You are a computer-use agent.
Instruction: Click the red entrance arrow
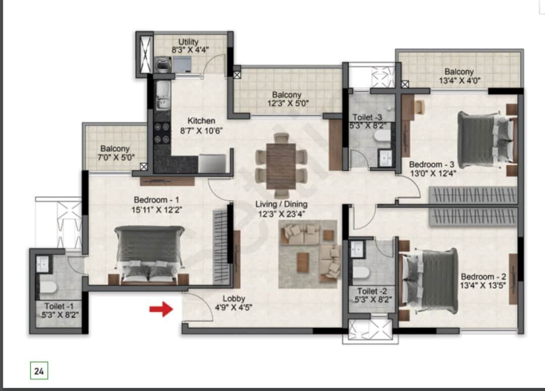[161, 309]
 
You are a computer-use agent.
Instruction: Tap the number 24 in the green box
[39, 371]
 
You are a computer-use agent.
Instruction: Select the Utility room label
[188, 42]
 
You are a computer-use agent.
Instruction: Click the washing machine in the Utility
[162, 65]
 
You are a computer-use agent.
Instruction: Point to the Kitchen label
[201, 121]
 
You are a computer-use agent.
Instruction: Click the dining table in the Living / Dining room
[281, 166]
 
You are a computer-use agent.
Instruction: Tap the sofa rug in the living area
[308, 254]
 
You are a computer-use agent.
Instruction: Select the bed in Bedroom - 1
[149, 254]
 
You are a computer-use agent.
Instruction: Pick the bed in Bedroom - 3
[485, 139]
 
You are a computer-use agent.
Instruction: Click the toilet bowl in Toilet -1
[48, 288]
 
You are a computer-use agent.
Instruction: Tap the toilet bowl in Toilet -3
[381, 136]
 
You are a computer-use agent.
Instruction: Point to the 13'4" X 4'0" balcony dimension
[460, 81]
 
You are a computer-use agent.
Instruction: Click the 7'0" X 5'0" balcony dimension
[116, 157]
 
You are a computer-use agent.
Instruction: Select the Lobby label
[234, 299]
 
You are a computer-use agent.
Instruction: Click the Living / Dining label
[281, 204]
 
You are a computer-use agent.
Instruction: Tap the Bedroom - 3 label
[431, 164]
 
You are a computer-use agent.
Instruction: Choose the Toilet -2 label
[372, 291]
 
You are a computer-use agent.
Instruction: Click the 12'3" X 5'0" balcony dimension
[288, 103]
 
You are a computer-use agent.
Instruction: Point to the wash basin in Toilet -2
[357, 249]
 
